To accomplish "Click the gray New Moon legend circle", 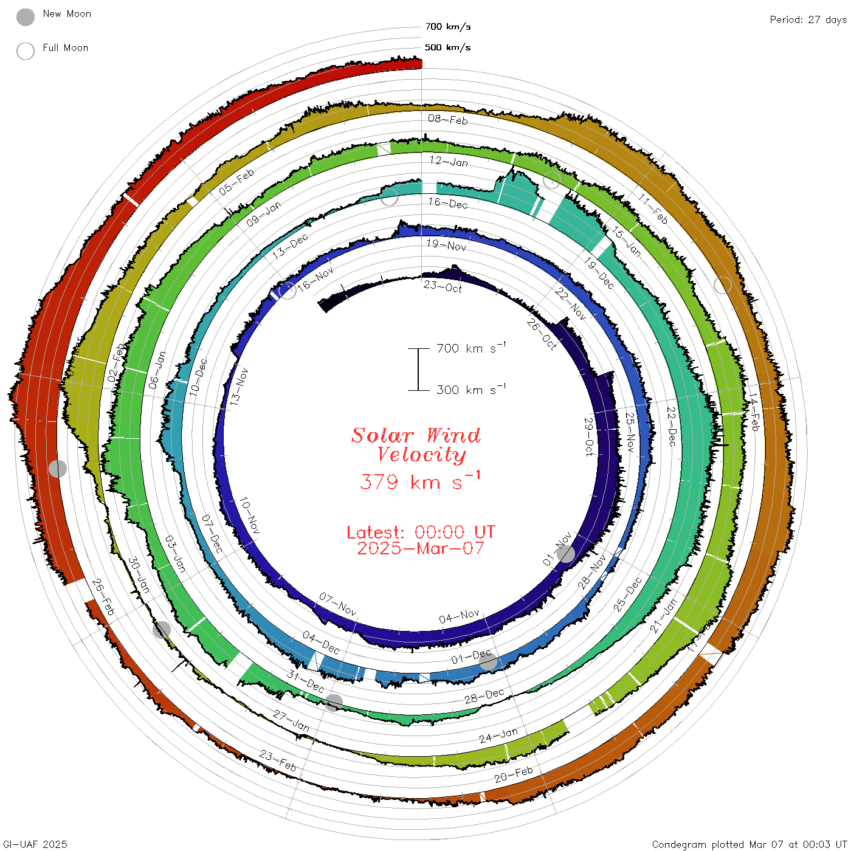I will pos(26,18).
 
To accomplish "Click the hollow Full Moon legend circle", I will pos(26,51).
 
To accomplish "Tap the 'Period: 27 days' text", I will pos(807,19).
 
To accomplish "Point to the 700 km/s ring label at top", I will pos(448,27).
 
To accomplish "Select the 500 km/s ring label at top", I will pos(448,47).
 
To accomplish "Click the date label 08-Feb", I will pos(448,119).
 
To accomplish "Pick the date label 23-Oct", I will pos(443,287).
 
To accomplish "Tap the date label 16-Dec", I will pos(448,203).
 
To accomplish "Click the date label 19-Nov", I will pos(446,245).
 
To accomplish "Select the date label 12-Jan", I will pos(449,161).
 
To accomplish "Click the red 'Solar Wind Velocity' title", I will pos(417,445).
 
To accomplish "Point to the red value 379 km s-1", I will pos(420,481).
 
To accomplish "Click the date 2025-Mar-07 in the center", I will pos(420,549).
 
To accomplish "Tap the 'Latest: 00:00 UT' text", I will pos(421,532).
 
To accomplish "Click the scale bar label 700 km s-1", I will pos(470,348).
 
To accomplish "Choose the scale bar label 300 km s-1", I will pos(470,390).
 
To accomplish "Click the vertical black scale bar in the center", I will pos(418,370).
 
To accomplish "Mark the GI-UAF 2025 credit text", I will pos(35,844).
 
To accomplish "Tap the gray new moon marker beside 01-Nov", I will pos(566,554).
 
